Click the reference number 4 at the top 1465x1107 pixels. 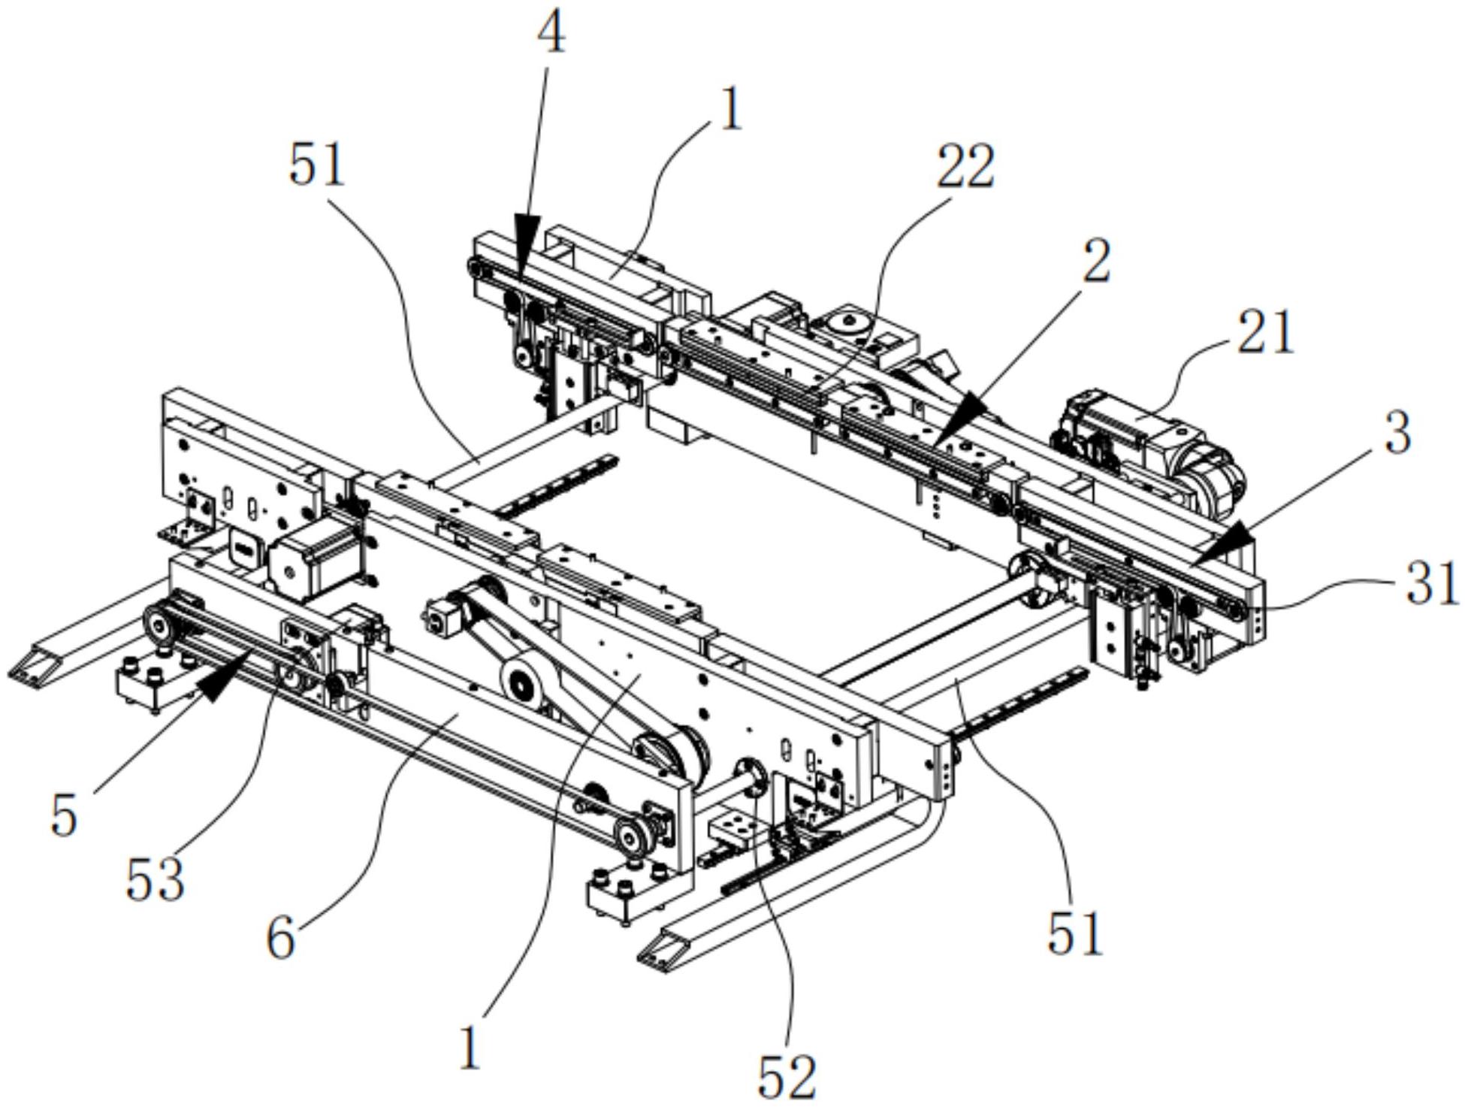(553, 34)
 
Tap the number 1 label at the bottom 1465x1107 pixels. (470, 1049)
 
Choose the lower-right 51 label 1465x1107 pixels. (1075, 933)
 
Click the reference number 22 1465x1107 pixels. (965, 166)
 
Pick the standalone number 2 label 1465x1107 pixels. (1097, 262)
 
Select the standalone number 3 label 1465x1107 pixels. (1397, 434)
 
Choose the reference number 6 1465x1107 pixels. (281, 939)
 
